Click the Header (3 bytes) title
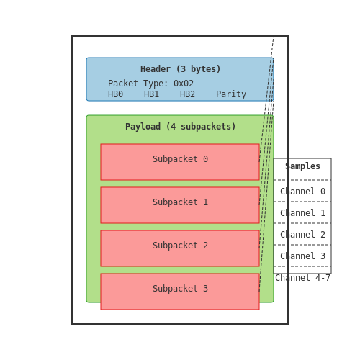click(180, 69)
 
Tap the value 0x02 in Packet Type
click(184, 84)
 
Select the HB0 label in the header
click(115, 94)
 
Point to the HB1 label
click(151, 94)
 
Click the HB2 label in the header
click(187, 94)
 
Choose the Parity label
click(231, 94)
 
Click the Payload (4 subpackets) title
click(180, 127)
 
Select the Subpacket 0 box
click(180, 162)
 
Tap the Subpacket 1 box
click(180, 205)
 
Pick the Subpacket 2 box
click(180, 248)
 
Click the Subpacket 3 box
click(180, 292)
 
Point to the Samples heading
click(302, 166)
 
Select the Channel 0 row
click(302, 192)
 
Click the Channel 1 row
click(302, 213)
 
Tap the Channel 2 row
click(302, 235)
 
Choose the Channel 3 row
click(302, 256)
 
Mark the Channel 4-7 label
click(302, 278)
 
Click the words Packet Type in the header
click(138, 84)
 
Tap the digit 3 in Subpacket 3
click(205, 289)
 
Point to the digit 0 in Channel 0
click(323, 192)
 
